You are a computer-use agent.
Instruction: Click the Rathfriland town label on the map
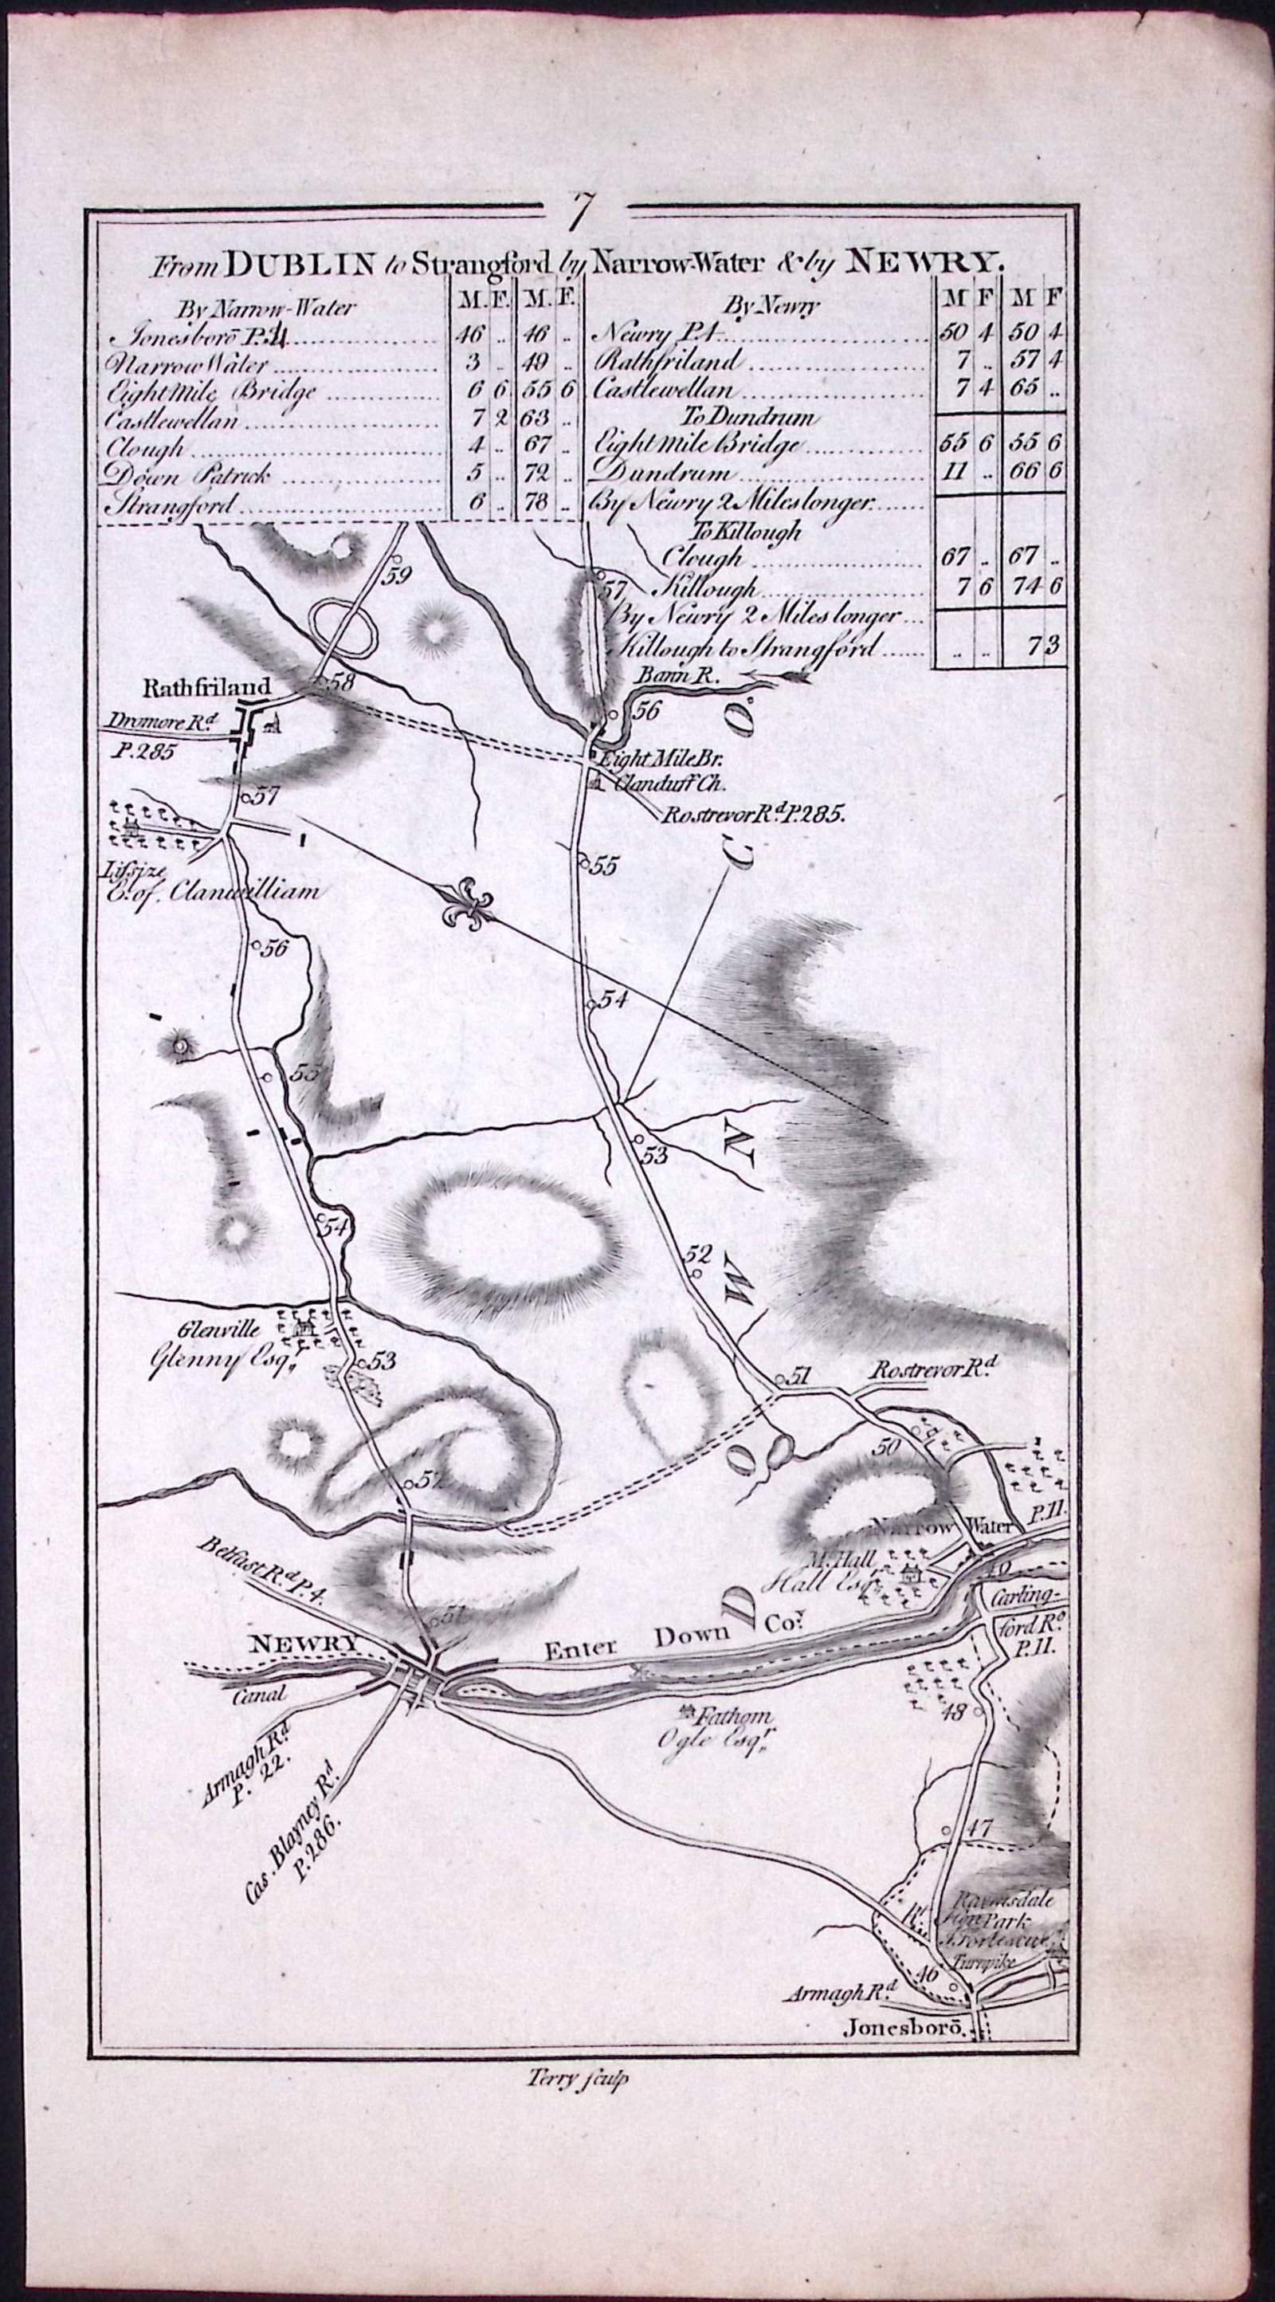click(206, 688)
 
